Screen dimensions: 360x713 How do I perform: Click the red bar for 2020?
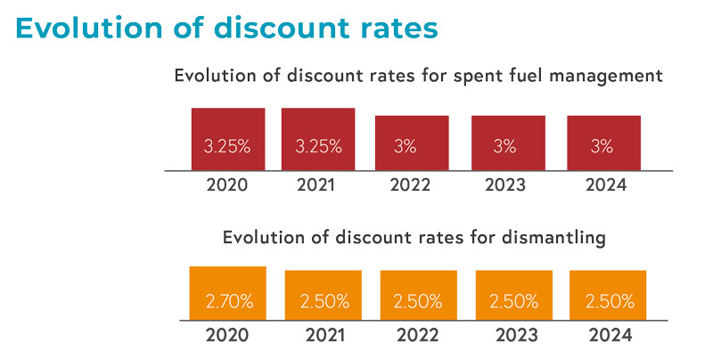pos(228,139)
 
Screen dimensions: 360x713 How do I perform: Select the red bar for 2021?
pos(318,139)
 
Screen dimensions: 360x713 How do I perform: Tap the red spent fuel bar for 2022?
pos(412,143)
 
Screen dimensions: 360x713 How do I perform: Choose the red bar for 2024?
pos(603,143)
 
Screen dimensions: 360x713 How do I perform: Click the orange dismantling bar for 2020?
pos(228,293)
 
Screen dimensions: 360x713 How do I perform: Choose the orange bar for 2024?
pos(608,295)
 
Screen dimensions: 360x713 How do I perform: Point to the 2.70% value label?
pos(228,301)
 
